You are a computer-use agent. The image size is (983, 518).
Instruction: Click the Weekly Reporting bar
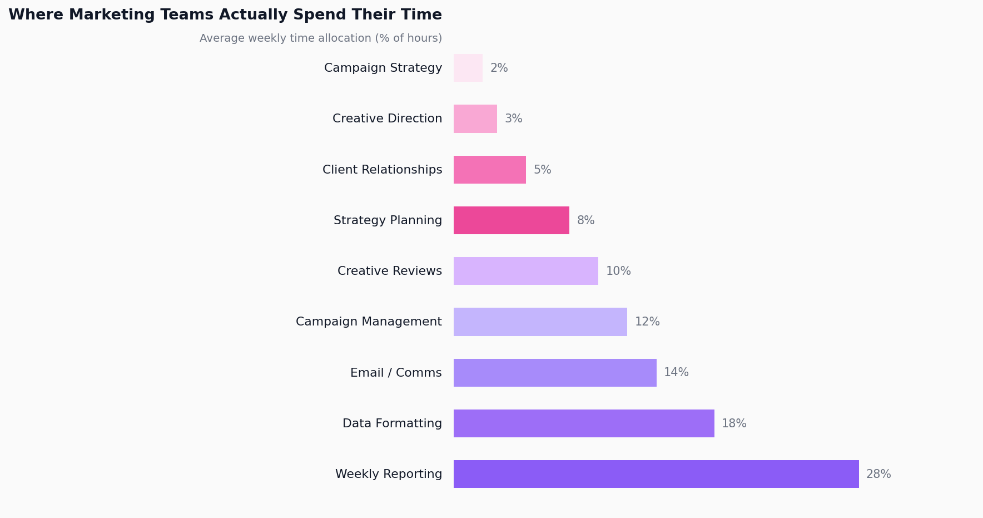(x=656, y=474)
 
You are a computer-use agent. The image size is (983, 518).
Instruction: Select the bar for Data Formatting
(x=584, y=423)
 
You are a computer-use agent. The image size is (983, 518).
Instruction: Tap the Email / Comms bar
(x=555, y=373)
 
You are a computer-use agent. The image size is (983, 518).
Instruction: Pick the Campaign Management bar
(x=540, y=322)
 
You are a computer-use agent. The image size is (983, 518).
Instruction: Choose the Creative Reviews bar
(x=526, y=271)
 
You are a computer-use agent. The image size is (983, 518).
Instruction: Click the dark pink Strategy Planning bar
(x=512, y=220)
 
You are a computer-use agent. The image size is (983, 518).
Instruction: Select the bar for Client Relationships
(x=490, y=170)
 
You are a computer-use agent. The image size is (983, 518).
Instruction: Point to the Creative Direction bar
(x=475, y=119)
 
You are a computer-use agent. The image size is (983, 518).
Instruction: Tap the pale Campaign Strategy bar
(x=468, y=68)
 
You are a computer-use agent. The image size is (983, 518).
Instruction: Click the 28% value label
(x=878, y=474)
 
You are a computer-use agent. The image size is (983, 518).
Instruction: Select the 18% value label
(x=734, y=423)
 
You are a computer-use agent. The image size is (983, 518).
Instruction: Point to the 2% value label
(x=499, y=68)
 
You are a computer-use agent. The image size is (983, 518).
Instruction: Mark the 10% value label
(x=618, y=271)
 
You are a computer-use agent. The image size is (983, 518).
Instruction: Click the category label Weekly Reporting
(x=388, y=474)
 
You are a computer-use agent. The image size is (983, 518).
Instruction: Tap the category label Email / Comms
(x=396, y=373)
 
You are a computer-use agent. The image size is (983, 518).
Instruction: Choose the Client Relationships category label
(x=382, y=170)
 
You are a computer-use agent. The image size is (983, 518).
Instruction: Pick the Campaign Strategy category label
(x=383, y=68)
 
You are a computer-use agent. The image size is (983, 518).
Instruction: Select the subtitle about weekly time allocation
(x=321, y=38)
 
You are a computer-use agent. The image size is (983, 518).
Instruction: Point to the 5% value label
(x=542, y=170)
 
